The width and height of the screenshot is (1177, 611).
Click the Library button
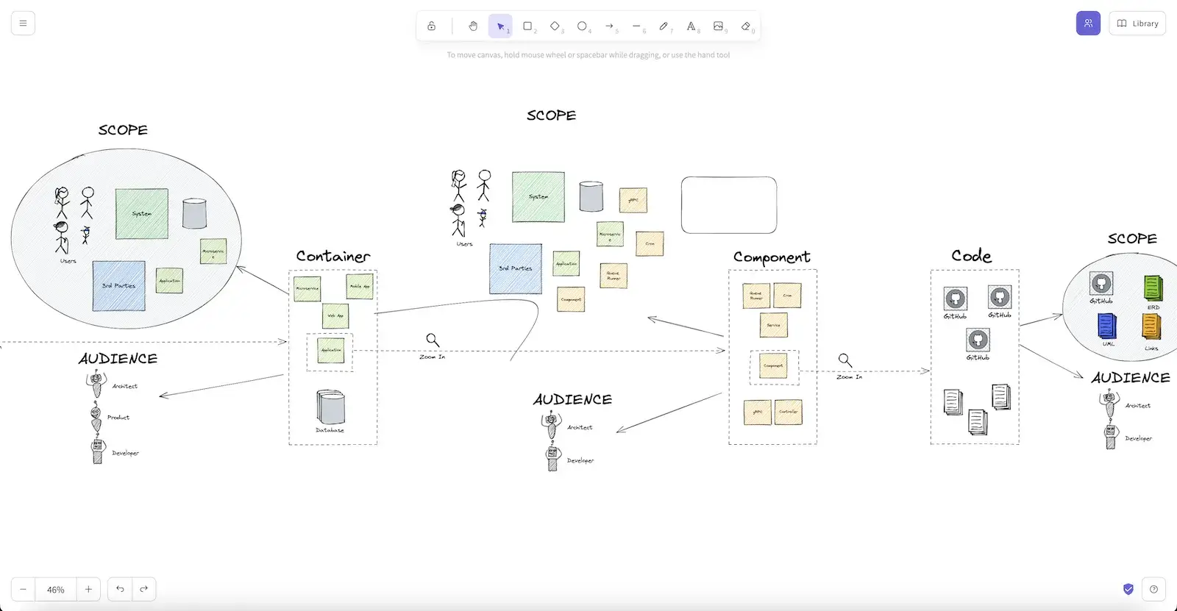(1137, 24)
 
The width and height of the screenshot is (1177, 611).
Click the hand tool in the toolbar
(473, 26)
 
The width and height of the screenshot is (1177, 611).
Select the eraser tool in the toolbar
(746, 26)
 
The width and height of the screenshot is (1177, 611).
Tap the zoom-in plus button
(88, 589)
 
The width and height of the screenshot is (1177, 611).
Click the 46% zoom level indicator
(56, 589)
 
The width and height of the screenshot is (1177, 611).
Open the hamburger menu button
(23, 24)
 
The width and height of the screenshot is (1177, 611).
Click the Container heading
(333, 257)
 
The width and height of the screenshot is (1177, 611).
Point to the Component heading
(771, 257)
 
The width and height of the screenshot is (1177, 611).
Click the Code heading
(971, 256)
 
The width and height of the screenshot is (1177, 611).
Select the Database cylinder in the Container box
(330, 407)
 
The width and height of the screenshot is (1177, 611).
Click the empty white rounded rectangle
(728, 205)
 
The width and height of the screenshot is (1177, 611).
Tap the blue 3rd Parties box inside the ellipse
(118, 285)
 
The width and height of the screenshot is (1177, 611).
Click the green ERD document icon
(1153, 287)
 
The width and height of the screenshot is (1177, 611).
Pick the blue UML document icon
(1106, 326)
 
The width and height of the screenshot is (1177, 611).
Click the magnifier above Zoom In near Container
(433, 340)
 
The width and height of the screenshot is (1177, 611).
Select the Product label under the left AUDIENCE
(118, 418)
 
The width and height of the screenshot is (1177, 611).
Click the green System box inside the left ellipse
(141, 214)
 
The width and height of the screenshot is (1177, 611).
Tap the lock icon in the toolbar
(432, 26)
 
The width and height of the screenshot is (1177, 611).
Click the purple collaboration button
(1088, 24)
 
